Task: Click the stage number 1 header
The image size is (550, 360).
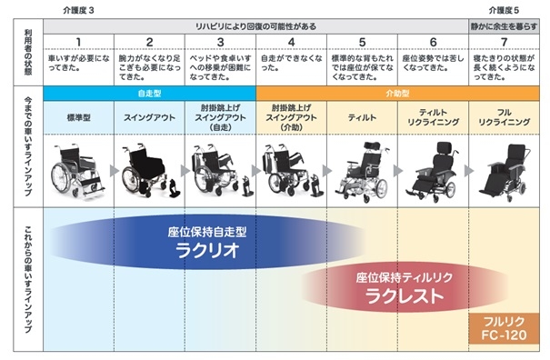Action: (79, 42)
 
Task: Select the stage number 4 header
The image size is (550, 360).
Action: (292, 42)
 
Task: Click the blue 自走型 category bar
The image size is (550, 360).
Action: (150, 93)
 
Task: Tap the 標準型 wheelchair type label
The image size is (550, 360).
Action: (79, 117)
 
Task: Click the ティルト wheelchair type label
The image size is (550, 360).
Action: (363, 117)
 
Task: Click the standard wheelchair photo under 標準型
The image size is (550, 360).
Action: (77, 168)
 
